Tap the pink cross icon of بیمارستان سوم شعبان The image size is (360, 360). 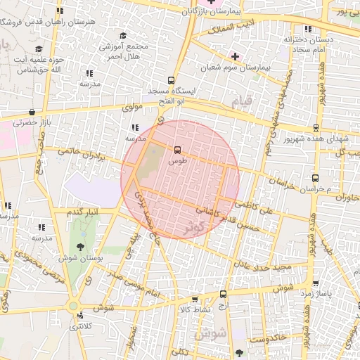click(235, 56)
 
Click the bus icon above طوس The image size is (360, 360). click(176, 149)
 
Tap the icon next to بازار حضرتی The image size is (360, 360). click(32, 112)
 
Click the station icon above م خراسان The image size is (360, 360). click(316, 179)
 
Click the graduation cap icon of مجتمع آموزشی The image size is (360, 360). click(124, 35)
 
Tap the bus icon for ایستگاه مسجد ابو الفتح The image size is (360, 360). click(171, 80)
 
